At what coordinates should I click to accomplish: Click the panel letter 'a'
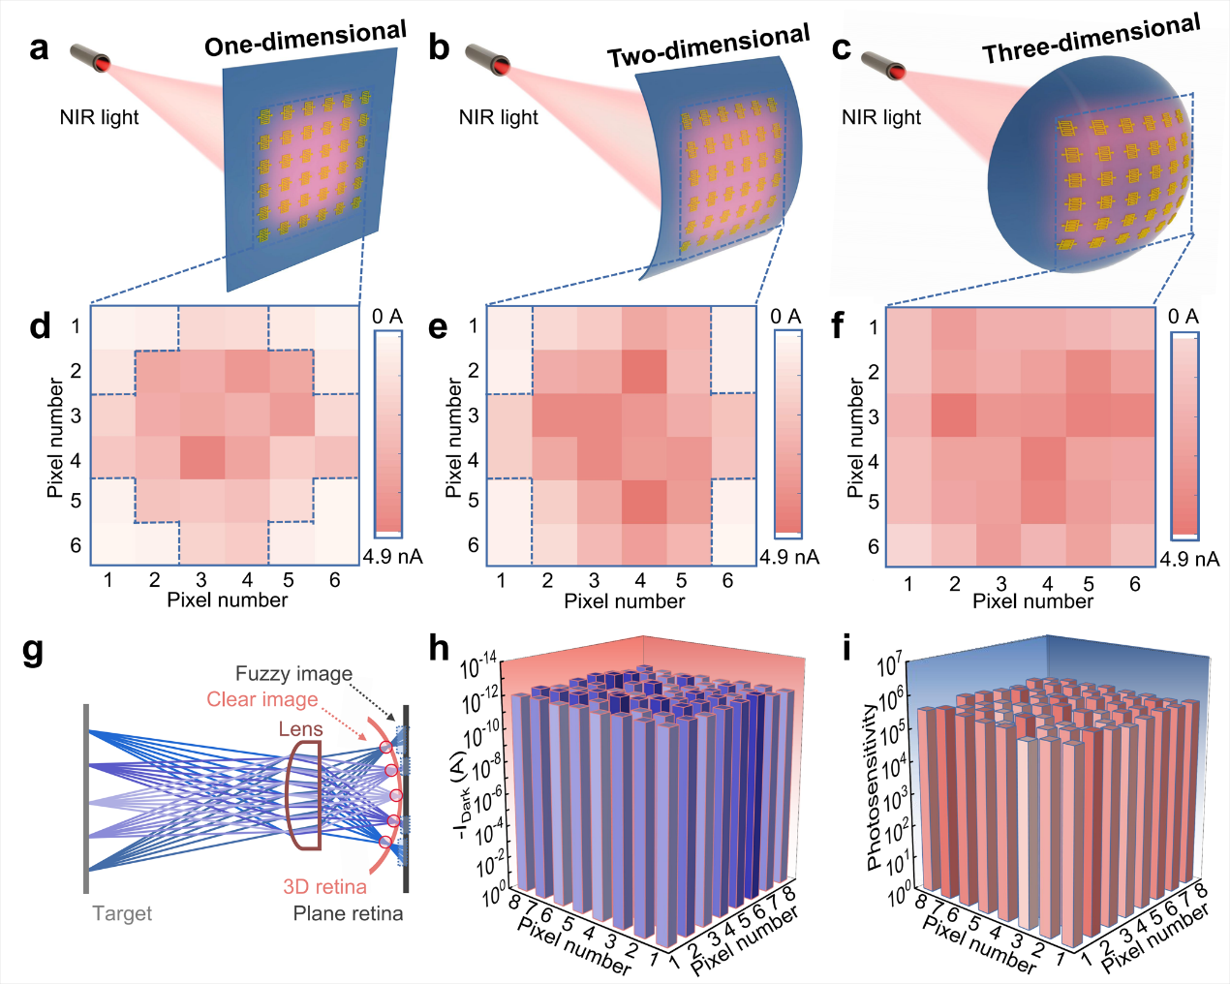click(x=39, y=48)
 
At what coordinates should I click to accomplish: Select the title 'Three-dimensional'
click(x=1092, y=41)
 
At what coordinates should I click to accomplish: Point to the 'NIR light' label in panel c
click(x=881, y=118)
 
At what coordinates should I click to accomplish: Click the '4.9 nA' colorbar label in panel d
click(x=392, y=557)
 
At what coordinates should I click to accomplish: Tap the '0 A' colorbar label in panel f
click(x=1184, y=317)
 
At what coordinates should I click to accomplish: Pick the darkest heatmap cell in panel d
click(x=201, y=458)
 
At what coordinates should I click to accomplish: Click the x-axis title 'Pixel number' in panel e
click(x=624, y=601)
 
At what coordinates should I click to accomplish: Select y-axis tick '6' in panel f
click(x=873, y=546)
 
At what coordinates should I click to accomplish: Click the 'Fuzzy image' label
click(x=293, y=673)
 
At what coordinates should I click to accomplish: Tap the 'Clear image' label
click(x=261, y=699)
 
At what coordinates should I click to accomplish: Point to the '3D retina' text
click(x=324, y=886)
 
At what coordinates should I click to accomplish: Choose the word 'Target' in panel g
click(x=122, y=913)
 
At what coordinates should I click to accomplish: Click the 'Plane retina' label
click(x=348, y=913)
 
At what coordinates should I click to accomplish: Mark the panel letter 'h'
click(x=440, y=648)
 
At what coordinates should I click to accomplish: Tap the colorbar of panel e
click(x=787, y=434)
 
